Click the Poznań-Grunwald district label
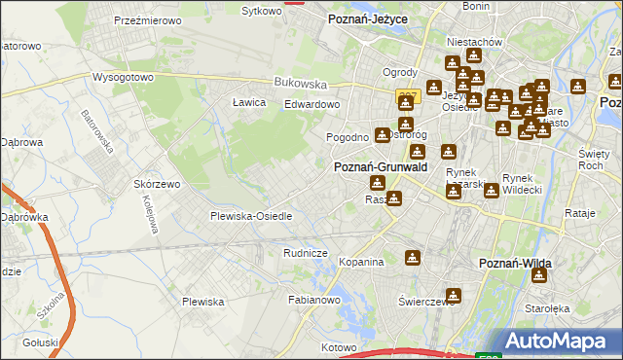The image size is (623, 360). pyautogui.click(x=382, y=167)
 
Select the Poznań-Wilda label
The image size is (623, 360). pyautogui.click(x=517, y=264)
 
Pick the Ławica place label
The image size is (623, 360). pyautogui.click(x=249, y=102)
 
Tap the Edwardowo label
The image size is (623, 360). pyautogui.click(x=311, y=104)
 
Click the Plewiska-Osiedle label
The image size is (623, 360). pyautogui.click(x=251, y=216)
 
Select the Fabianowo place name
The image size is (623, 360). pyautogui.click(x=312, y=301)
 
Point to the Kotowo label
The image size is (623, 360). pyautogui.click(x=340, y=346)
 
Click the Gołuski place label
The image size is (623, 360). pyautogui.click(x=40, y=342)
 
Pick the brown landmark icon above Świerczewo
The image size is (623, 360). pyautogui.click(x=453, y=295)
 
